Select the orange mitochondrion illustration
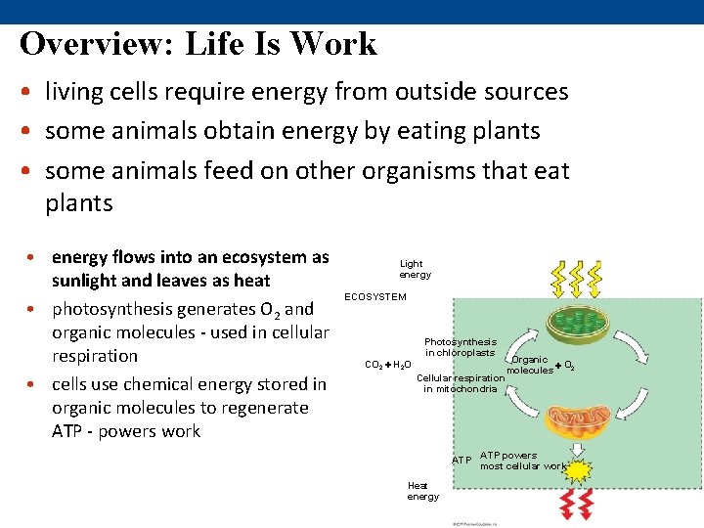[x=577, y=415]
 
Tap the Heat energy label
[x=423, y=491]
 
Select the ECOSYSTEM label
[x=375, y=297]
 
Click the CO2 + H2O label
[x=387, y=365]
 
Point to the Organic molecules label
[x=530, y=365]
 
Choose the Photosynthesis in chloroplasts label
[x=460, y=347]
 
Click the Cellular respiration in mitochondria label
[x=461, y=383]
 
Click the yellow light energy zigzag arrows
[x=577, y=277]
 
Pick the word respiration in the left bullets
[x=95, y=356]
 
